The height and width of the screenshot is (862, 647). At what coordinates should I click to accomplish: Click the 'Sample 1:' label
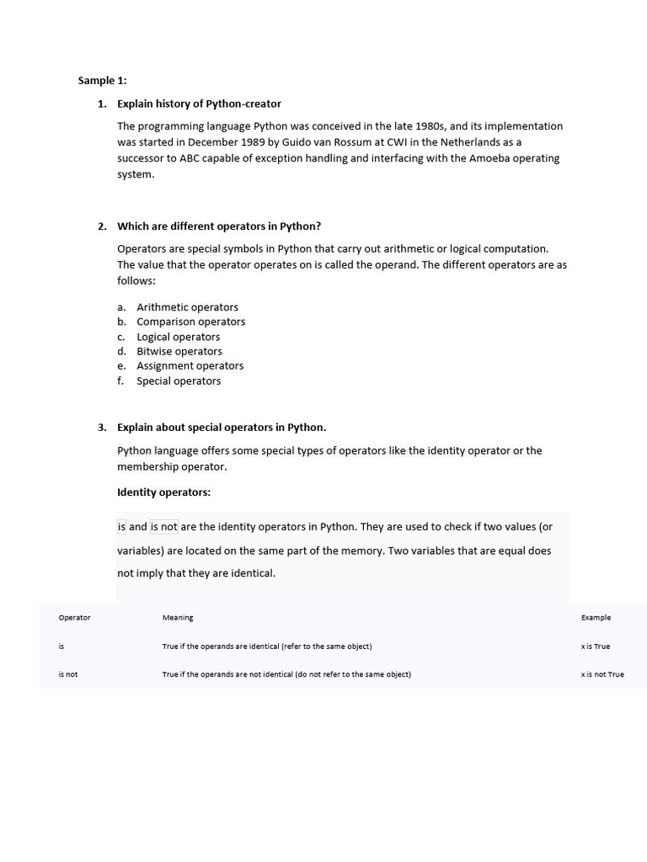click(x=102, y=81)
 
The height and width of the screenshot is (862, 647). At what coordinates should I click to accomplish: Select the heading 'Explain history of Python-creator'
click(x=199, y=104)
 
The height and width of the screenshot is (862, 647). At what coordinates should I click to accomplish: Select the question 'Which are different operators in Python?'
click(x=219, y=226)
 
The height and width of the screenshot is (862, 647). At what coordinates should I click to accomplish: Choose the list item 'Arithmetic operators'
click(x=187, y=307)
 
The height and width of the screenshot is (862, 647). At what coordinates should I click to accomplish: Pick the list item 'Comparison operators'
click(x=190, y=322)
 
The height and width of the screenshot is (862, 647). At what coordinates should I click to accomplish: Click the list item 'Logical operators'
click(x=178, y=337)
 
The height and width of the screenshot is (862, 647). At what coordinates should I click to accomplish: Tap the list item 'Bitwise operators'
click(x=179, y=351)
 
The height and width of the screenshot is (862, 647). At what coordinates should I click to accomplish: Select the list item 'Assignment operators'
click(x=190, y=366)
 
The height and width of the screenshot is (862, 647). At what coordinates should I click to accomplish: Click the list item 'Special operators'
click(x=179, y=381)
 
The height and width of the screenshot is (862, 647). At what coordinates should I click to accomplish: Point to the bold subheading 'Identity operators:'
click(x=163, y=492)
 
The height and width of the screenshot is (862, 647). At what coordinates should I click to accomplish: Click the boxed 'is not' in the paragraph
click(x=163, y=527)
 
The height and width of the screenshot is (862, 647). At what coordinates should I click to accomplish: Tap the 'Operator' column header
click(x=74, y=618)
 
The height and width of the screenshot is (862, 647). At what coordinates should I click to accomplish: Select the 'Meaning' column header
click(x=178, y=618)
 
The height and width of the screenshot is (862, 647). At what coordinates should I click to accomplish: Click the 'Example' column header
click(x=596, y=618)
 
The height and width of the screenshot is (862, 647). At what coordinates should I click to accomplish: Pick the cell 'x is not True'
click(x=602, y=674)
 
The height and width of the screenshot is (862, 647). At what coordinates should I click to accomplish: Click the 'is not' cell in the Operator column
click(x=67, y=674)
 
